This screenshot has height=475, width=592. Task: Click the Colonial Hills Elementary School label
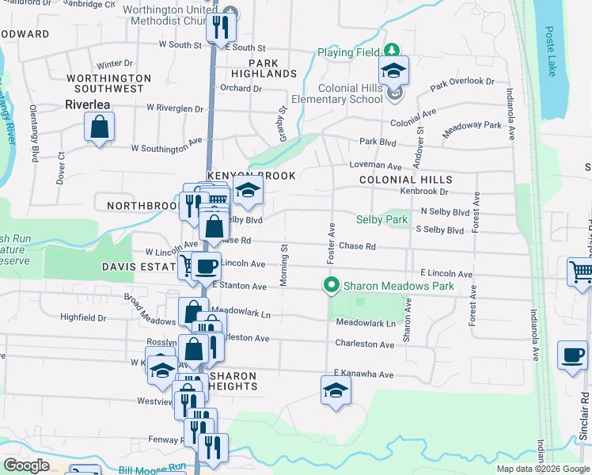click(337, 93)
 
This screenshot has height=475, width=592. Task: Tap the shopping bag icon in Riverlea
click(100, 127)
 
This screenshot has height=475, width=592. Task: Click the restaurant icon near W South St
click(221, 27)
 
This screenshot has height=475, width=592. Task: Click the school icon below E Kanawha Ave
click(336, 390)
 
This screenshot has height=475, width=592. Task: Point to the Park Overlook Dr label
click(461, 82)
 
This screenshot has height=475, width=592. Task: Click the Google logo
click(26, 465)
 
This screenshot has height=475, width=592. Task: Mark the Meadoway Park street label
click(472, 131)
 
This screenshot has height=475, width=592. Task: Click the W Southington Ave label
click(166, 148)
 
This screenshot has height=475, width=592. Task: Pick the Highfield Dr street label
click(83, 317)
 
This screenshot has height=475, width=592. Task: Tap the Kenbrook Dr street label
click(423, 192)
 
